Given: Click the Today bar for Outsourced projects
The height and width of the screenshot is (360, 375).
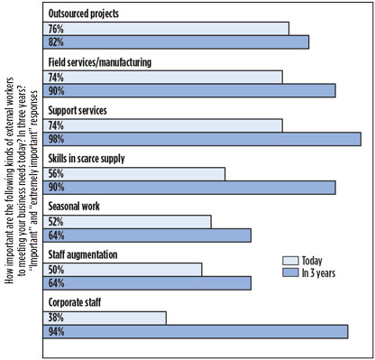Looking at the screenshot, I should point(167,29).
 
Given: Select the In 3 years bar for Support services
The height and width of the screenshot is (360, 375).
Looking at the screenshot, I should point(203,138).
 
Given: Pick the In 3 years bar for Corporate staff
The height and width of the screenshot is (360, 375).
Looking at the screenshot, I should point(197,332).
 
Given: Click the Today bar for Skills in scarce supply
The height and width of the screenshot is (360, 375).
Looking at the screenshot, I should point(135,173).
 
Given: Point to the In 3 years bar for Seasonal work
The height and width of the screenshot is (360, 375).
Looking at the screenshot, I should point(148,235).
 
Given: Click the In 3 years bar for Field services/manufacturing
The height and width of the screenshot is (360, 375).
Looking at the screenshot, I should point(190,90).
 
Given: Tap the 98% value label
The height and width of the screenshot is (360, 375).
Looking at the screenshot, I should point(57,138).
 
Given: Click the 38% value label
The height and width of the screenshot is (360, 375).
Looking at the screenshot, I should point(57,318).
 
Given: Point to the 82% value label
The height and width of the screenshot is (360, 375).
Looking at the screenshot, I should point(57,42).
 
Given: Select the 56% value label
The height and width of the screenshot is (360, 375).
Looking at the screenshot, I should point(57,173).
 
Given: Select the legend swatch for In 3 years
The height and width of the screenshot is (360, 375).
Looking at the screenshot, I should point(289,271).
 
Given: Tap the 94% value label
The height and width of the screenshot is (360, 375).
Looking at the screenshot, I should point(57,332).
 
